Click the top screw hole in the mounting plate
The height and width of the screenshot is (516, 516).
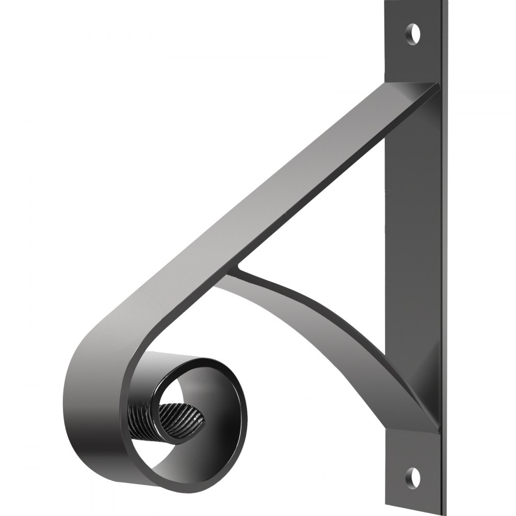click(412, 34)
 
